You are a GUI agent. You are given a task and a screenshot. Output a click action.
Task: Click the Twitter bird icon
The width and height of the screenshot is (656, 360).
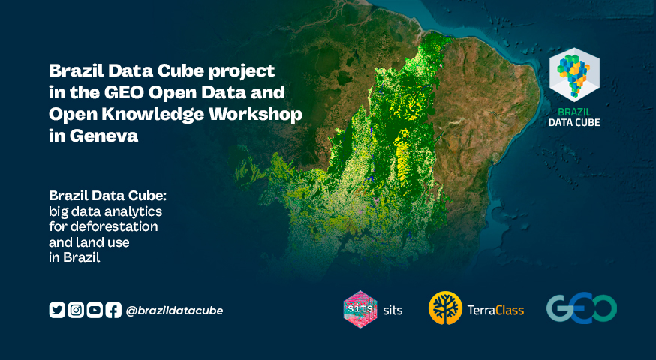coord(57,310)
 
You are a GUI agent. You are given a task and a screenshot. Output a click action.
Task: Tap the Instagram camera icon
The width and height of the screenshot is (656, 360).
coord(76,310)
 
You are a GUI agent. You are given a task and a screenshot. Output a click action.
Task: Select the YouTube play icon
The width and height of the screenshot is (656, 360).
coord(95,310)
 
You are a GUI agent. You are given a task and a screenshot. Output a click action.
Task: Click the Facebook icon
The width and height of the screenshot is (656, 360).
coord(113,310)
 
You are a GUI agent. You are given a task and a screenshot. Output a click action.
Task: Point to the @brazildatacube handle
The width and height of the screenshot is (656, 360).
coord(174,310)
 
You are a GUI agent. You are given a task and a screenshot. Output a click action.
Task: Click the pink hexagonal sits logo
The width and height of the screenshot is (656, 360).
coord(360,309)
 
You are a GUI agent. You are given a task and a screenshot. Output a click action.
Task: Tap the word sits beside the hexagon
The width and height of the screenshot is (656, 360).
coord(393,310)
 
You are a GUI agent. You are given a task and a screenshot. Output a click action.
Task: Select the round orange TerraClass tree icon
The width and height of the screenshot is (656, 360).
coord(445,308)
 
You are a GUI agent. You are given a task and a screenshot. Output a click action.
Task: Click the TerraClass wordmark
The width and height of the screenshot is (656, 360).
coord(495,310)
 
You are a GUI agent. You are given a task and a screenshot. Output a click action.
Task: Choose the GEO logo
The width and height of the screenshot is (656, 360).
coord(582,307)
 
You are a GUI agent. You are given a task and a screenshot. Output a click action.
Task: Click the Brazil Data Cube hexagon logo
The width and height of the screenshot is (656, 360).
coord(574,74)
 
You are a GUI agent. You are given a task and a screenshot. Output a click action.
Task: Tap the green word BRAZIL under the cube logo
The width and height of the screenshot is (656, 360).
coord(574,112)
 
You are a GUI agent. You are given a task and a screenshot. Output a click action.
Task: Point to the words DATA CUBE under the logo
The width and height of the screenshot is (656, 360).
coord(574,122)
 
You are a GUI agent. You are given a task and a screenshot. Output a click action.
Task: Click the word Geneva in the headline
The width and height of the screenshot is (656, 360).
coord(104,136)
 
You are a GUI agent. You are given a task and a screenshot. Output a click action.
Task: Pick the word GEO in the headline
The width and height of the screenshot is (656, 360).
coord(125,92)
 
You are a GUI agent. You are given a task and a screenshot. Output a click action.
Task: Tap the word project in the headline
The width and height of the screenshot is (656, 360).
coord(242,71)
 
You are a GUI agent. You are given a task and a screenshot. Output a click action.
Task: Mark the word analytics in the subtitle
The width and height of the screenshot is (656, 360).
coord(133,211)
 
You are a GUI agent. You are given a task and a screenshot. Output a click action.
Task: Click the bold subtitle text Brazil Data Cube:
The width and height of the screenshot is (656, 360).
coord(107,195)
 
